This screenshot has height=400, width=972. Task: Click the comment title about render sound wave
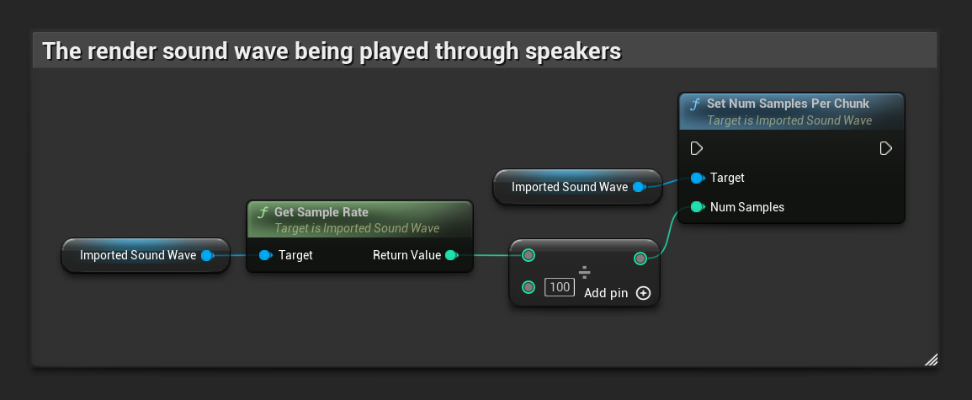click(x=332, y=51)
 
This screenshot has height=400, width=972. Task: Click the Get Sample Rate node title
click(x=321, y=212)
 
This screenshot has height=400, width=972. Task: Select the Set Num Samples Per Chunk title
click(x=788, y=104)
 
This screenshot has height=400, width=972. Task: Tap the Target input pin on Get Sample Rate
click(x=265, y=255)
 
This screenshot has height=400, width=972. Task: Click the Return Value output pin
click(x=451, y=255)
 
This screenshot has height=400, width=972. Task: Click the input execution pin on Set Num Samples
click(x=696, y=148)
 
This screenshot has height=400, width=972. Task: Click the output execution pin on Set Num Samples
click(x=885, y=148)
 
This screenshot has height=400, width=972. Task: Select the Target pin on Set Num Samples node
click(x=696, y=178)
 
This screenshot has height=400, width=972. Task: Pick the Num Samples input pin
click(x=696, y=207)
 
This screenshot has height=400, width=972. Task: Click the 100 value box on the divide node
click(x=559, y=287)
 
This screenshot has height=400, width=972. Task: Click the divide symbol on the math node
click(x=584, y=272)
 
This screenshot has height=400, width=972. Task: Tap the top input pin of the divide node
click(x=528, y=255)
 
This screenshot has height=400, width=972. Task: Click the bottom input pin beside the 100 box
click(x=528, y=287)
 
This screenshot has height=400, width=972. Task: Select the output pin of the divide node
click(x=640, y=258)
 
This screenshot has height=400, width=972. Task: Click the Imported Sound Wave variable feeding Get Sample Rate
click(x=138, y=255)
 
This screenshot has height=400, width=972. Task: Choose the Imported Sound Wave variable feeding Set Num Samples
click(x=570, y=187)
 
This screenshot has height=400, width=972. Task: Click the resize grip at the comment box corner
click(x=930, y=360)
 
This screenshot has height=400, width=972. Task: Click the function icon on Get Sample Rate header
click(x=263, y=212)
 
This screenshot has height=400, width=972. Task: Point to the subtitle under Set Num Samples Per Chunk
click(x=789, y=120)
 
